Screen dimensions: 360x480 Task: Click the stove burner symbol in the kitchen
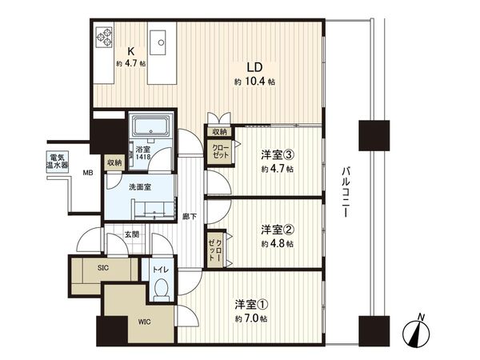click(106, 37)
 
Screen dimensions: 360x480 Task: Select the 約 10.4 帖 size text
click(255, 82)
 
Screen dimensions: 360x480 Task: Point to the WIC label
click(142, 321)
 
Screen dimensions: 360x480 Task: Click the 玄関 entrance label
click(133, 235)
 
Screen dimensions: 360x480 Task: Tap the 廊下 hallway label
click(189, 216)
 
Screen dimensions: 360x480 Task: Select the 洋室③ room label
click(278, 154)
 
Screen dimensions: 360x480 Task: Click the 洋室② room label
click(278, 229)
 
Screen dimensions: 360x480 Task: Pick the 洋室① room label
click(251, 304)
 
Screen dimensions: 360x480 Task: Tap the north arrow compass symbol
click(417, 332)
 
